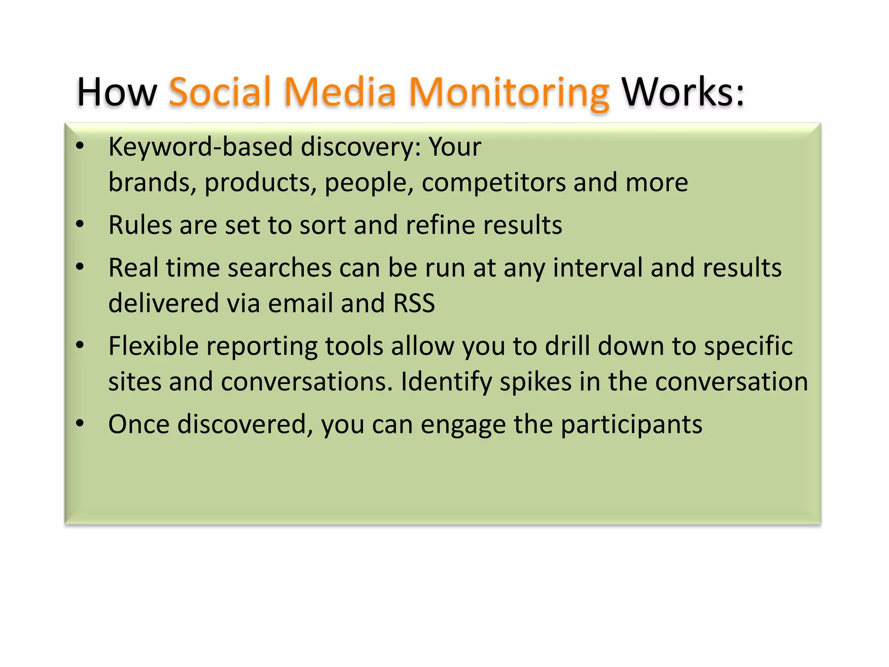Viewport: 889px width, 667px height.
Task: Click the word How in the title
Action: (x=116, y=92)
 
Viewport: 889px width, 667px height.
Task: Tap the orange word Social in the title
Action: (x=220, y=92)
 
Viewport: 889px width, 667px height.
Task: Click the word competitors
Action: (x=494, y=182)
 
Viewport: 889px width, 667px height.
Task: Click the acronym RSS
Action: (x=414, y=303)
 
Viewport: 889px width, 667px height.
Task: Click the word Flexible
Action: (x=153, y=346)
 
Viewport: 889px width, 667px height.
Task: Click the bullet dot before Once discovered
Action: (x=79, y=423)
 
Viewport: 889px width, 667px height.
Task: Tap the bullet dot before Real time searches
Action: (x=79, y=266)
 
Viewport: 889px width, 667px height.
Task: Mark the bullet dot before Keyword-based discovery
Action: (x=79, y=145)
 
